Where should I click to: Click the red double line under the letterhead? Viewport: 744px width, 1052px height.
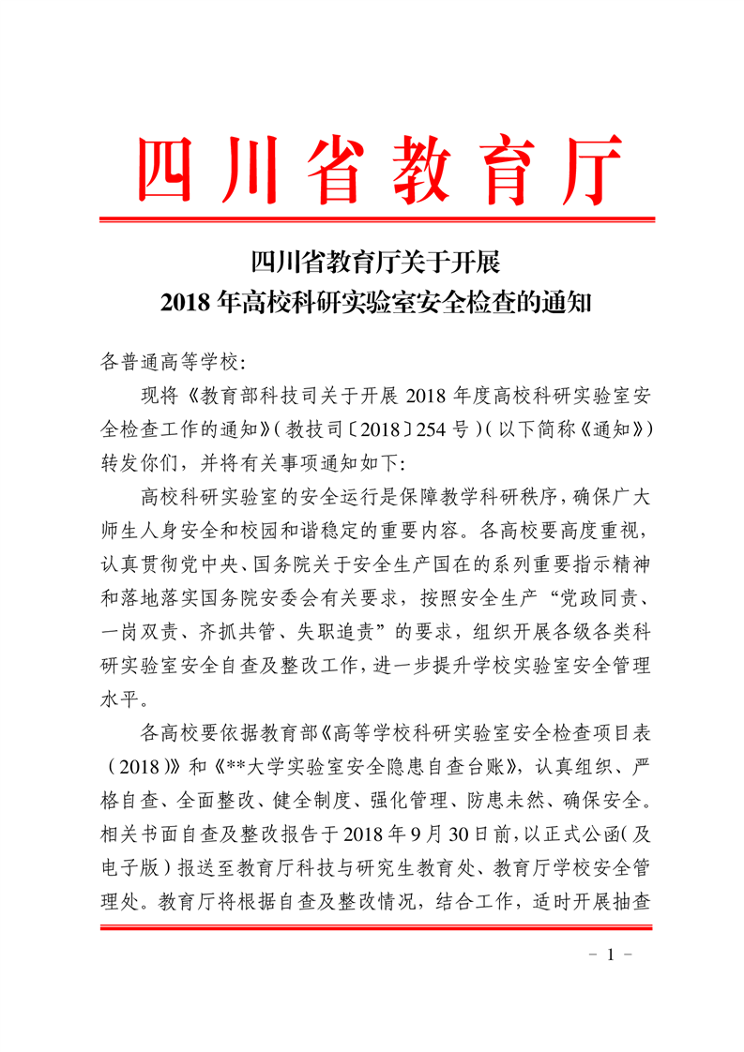(372, 220)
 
